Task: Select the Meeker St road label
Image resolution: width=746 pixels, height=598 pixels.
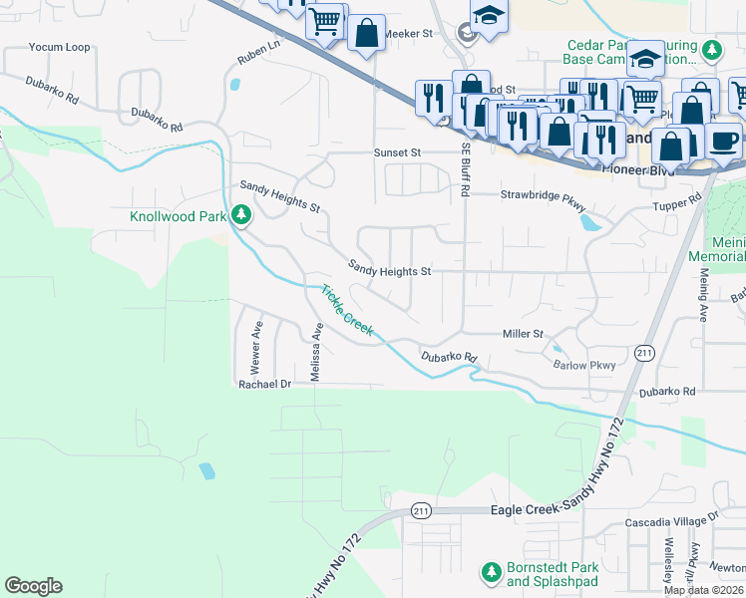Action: pos(407,33)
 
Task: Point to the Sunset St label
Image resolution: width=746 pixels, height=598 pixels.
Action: pos(398,152)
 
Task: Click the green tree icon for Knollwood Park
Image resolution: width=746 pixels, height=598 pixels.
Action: pos(240,213)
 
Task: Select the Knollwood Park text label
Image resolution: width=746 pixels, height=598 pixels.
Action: pos(179,216)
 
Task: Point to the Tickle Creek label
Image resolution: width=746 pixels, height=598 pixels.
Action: pos(347,310)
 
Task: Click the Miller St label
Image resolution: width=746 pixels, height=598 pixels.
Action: pos(522,334)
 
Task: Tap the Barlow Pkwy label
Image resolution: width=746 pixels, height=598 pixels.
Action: pos(584,365)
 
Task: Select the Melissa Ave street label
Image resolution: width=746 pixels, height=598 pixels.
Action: pos(316,351)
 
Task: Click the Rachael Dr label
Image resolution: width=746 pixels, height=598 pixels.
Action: pos(263,384)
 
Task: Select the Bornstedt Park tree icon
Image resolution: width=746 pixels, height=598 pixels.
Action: pos(491,571)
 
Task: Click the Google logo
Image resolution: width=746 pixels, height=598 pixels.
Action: pos(33,586)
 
